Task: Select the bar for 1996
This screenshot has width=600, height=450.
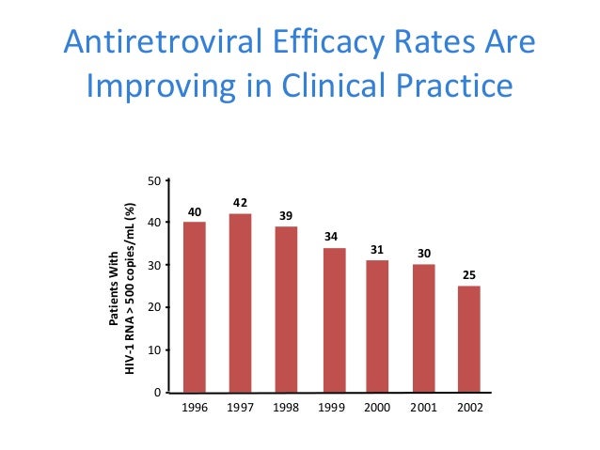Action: point(195,306)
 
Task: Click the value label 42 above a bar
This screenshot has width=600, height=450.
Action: point(240,203)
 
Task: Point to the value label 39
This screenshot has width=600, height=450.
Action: point(286,216)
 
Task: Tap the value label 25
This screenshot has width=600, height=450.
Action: point(468,275)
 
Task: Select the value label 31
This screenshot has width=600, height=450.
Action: point(378,249)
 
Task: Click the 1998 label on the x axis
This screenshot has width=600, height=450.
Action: point(286,411)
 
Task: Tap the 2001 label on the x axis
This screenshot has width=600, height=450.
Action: point(423,411)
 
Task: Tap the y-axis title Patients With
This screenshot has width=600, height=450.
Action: point(114,290)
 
